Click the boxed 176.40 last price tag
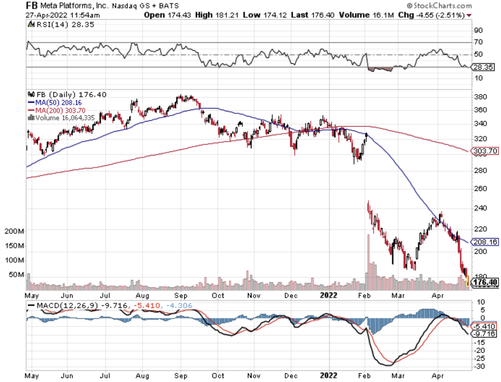tap(485, 282)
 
